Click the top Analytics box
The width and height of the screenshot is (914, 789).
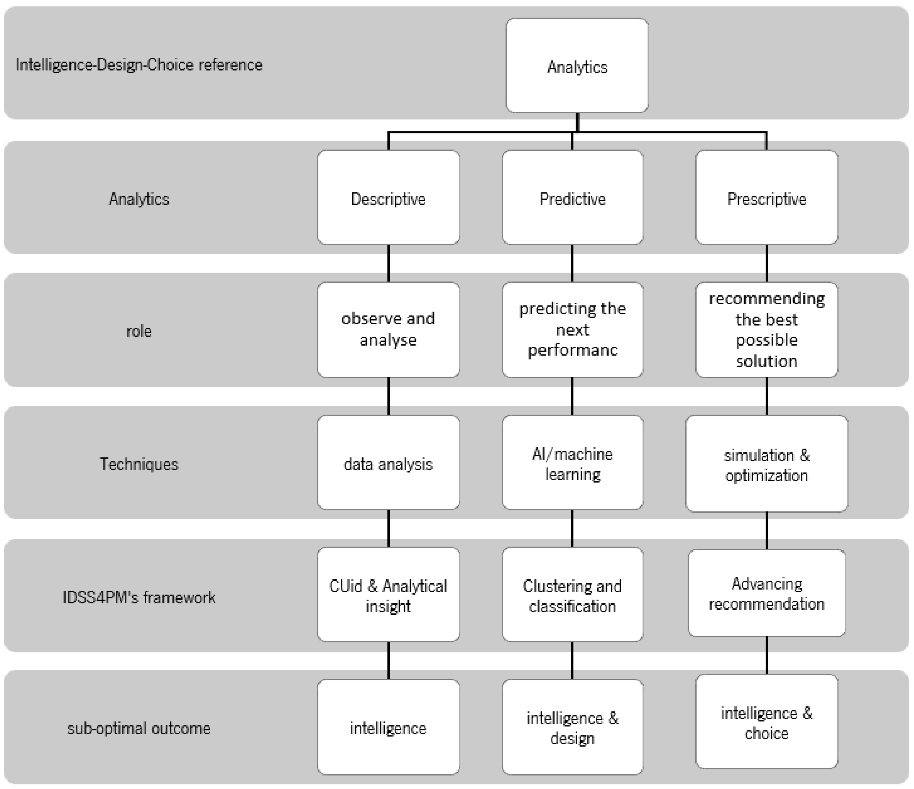click(577, 66)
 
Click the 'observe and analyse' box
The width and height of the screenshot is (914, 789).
click(388, 330)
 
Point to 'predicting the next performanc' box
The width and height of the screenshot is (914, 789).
click(572, 330)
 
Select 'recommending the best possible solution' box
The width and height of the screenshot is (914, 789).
click(767, 330)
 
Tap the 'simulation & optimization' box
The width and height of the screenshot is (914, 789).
click(767, 464)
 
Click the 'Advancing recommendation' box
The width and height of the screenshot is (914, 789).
click(767, 593)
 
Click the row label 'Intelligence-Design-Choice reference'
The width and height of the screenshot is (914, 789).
click(139, 65)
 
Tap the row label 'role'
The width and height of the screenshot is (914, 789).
click(139, 331)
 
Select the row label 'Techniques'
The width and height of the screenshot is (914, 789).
click(139, 464)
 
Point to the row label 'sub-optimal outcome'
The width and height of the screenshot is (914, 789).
click(139, 728)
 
